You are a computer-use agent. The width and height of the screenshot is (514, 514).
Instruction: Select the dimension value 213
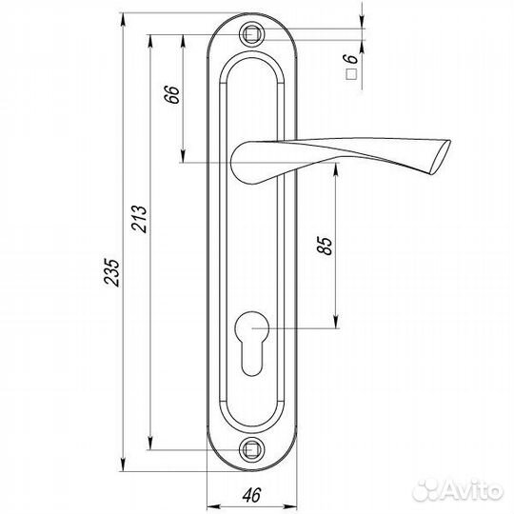(137, 220)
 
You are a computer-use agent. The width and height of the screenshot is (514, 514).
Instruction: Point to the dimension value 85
(325, 246)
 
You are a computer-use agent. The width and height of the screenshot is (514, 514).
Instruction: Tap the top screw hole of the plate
(254, 35)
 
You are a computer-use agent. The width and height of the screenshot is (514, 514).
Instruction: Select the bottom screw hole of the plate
(254, 446)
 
